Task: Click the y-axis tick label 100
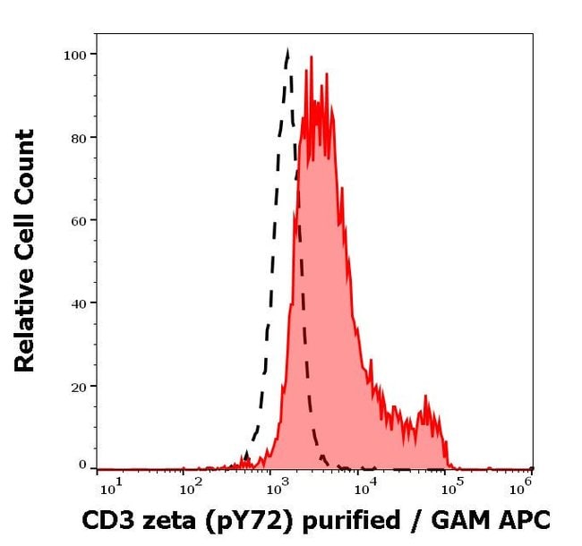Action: pyautogui.click(x=75, y=55)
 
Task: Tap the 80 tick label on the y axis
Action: pyautogui.click(x=79, y=138)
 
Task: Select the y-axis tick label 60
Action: pyautogui.click(x=79, y=220)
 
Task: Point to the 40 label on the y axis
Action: pyautogui.click(x=79, y=303)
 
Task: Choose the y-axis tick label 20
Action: pyautogui.click(x=79, y=387)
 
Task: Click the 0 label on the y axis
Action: pyautogui.click(x=82, y=465)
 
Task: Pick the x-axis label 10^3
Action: pyautogui.click(x=277, y=486)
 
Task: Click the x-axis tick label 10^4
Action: pyautogui.click(x=364, y=486)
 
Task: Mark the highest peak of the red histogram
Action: pyautogui.click(x=310, y=58)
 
